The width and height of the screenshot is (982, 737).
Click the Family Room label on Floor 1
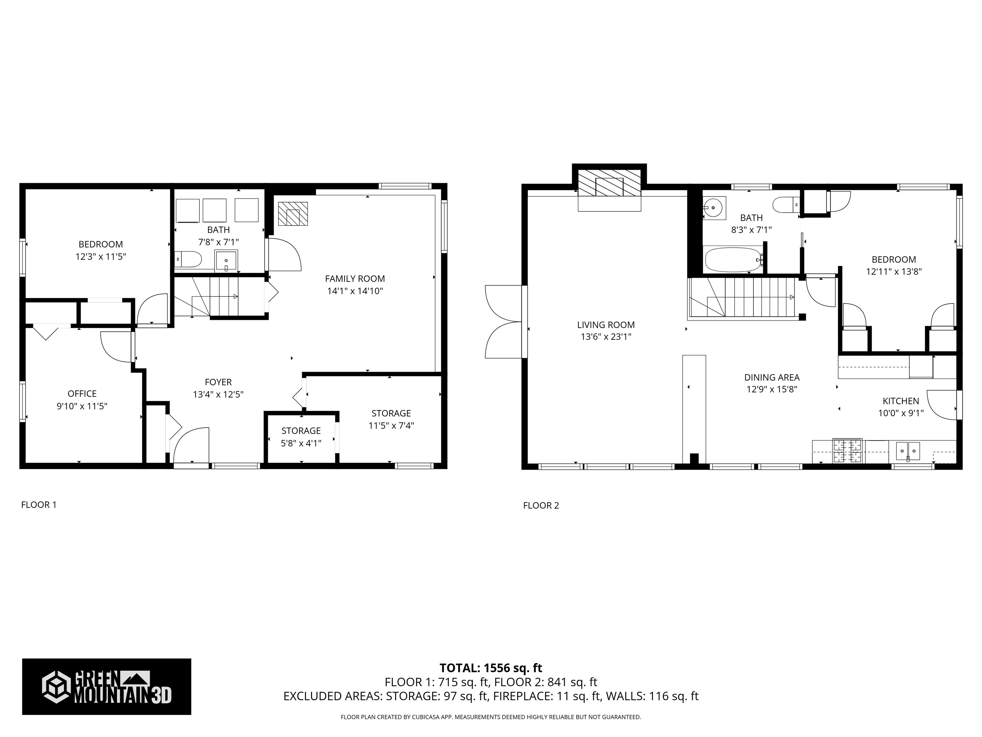tap(355, 279)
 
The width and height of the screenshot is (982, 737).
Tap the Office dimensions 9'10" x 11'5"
tap(82, 406)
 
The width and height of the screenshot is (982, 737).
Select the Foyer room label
tap(218, 382)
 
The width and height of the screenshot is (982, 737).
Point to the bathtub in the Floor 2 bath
tap(734, 260)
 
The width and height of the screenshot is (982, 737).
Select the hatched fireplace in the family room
tap(292, 214)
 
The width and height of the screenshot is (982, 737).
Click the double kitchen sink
tap(908, 451)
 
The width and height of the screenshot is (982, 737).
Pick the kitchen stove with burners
tap(847, 451)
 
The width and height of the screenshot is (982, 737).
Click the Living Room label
tap(606, 325)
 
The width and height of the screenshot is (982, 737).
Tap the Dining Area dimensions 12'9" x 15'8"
tap(772, 389)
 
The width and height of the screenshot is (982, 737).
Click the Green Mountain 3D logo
tap(106, 686)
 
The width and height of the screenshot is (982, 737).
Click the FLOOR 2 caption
tap(541, 505)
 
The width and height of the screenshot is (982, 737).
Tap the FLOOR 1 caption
tap(39, 505)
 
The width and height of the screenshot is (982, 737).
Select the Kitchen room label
tap(901, 401)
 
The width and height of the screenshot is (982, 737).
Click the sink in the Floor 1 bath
tap(226, 261)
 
